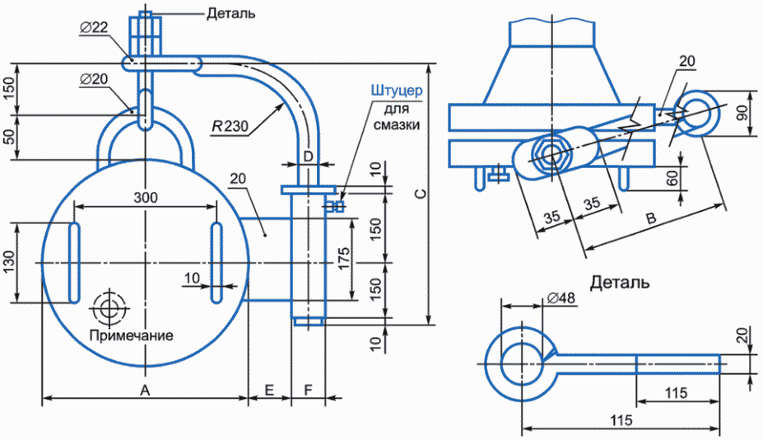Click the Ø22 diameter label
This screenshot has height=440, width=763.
(94, 27)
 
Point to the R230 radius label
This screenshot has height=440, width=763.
(230, 126)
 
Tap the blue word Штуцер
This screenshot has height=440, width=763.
(397, 91)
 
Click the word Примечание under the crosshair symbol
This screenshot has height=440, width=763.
(132, 335)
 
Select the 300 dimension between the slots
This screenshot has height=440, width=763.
(146, 197)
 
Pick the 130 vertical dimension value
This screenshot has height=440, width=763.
(9, 263)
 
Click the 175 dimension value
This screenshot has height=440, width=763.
(343, 260)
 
